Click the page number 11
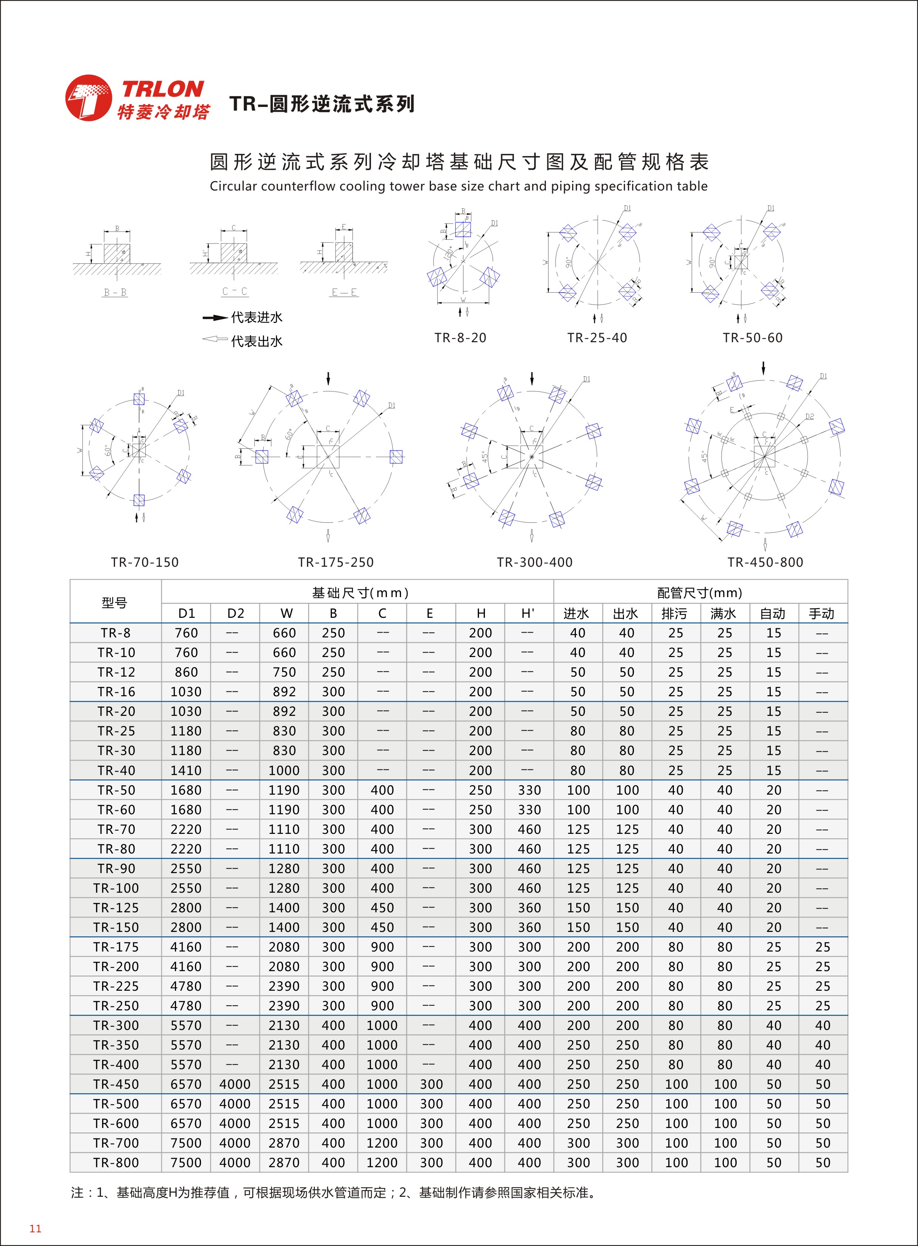(36, 1228)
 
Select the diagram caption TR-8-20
(460, 338)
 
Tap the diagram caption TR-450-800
(765, 562)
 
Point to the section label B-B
(116, 292)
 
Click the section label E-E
(345, 292)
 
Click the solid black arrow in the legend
(215, 318)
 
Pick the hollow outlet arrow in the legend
(215, 339)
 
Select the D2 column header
(236, 613)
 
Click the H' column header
(529, 613)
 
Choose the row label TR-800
(116, 1163)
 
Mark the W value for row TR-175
(284, 947)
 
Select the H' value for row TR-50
(529, 790)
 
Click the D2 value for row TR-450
(235, 1084)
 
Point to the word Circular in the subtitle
(233, 186)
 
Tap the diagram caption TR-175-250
(335, 562)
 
